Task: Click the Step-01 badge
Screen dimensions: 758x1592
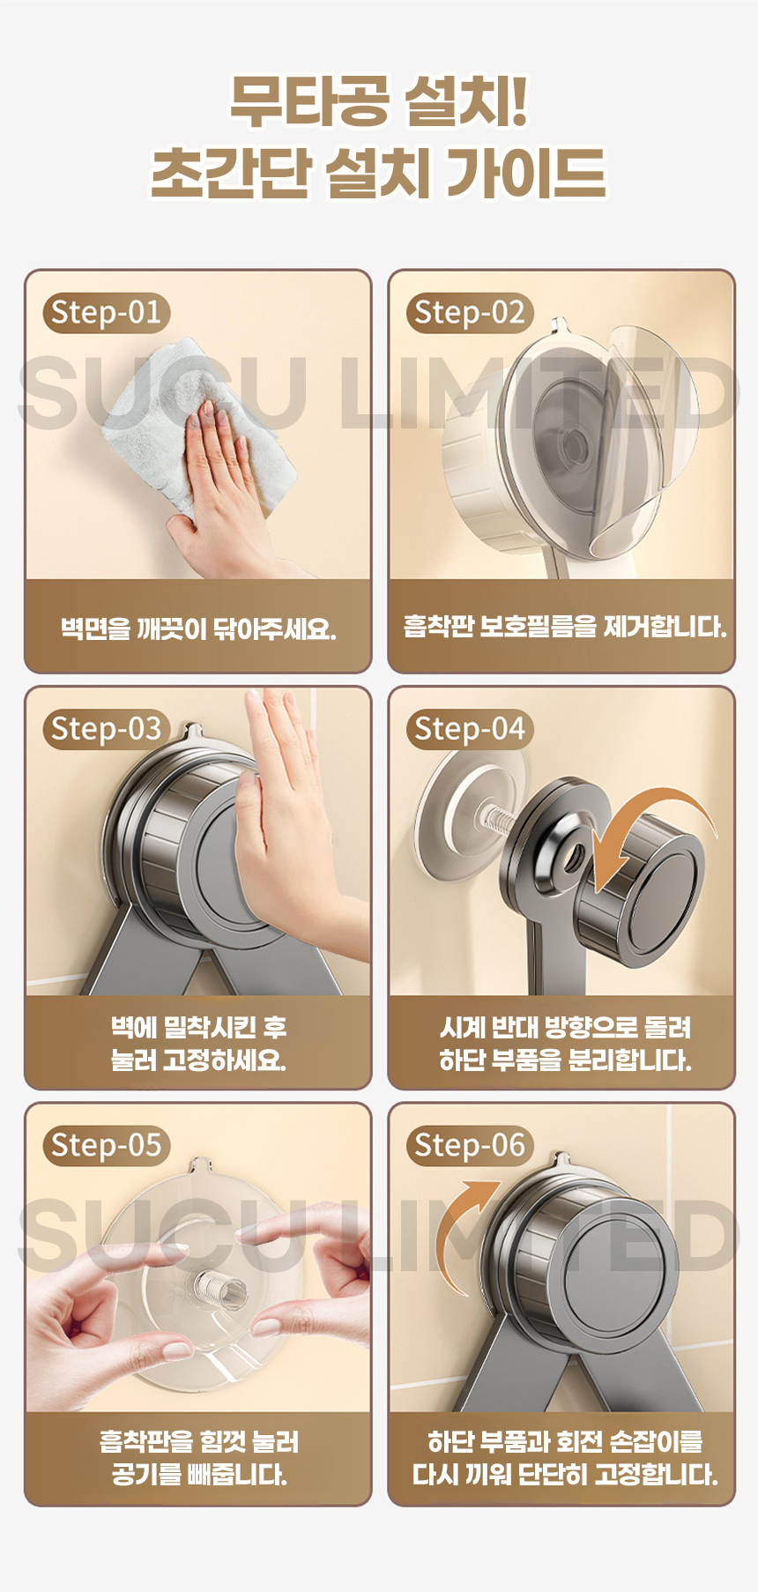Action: point(107,313)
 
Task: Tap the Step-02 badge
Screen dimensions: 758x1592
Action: point(470,313)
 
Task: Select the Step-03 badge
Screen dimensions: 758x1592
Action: point(107,729)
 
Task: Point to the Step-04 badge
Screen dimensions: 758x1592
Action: point(470,729)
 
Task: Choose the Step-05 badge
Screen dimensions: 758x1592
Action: point(107,1145)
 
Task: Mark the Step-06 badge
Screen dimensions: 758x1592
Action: point(470,1145)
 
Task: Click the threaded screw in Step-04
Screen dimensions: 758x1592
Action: point(499,822)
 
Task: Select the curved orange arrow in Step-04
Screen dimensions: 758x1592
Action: point(648,824)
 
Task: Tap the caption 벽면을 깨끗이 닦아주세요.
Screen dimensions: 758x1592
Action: point(198,629)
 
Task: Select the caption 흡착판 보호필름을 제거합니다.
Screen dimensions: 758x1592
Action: point(564,627)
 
